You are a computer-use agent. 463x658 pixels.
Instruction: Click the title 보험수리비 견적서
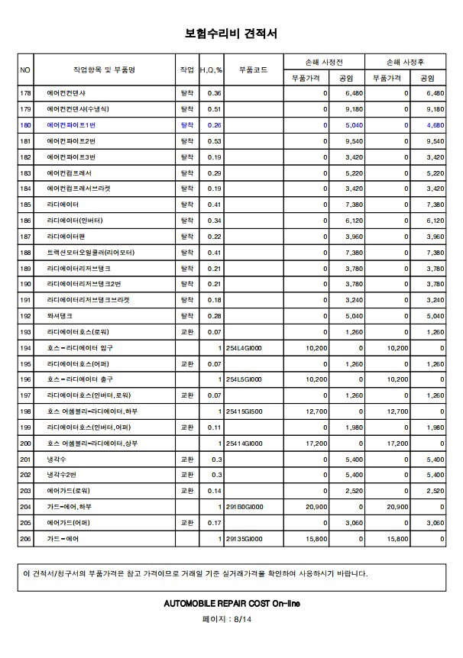pyautogui.click(x=231, y=34)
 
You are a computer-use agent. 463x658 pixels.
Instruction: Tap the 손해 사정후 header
pyautogui.click(x=405, y=62)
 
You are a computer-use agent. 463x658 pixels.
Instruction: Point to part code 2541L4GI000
pyautogui.click(x=244, y=347)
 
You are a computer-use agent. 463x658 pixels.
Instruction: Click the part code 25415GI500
pyautogui.click(x=244, y=411)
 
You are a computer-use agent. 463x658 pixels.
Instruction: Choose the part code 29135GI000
pyautogui.click(x=244, y=539)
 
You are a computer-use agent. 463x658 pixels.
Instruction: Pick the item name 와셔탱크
pyautogui.click(x=60, y=315)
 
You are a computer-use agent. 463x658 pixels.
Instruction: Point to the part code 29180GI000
pyautogui.click(x=244, y=507)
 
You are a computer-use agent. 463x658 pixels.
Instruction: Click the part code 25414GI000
pyautogui.click(x=244, y=443)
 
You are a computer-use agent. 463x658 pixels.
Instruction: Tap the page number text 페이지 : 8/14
pyautogui.click(x=231, y=620)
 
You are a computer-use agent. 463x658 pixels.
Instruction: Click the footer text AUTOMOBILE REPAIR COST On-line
pyautogui.click(x=231, y=603)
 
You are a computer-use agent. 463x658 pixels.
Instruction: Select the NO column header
pyautogui.click(x=25, y=69)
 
